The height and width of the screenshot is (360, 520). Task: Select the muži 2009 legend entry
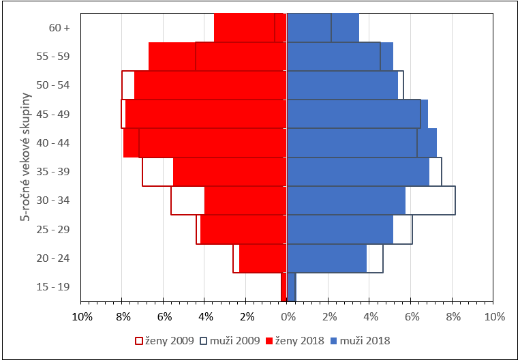pos(230,340)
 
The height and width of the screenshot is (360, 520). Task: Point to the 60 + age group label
pos(60,28)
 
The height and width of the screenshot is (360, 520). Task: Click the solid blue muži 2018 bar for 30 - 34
pos(346,200)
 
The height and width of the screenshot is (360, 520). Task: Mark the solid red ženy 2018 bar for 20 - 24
pos(262,258)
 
